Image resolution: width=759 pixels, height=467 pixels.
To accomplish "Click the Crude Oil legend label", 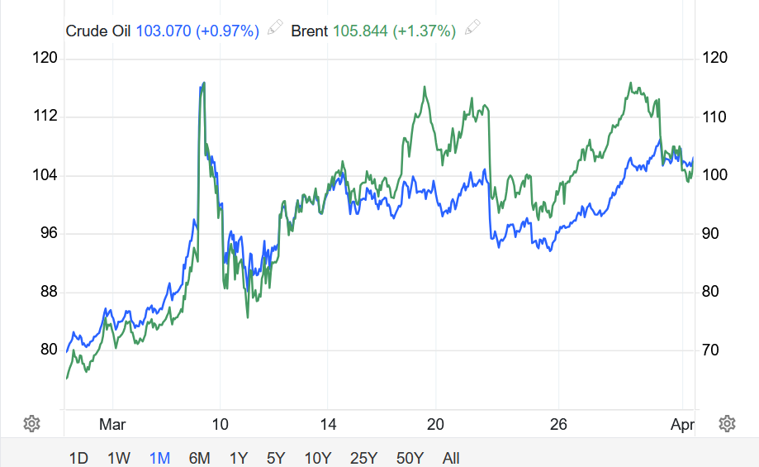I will (x=99, y=31).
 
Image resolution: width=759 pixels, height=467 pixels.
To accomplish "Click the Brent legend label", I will (x=310, y=31).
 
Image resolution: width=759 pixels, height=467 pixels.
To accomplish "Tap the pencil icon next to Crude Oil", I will (x=275, y=30).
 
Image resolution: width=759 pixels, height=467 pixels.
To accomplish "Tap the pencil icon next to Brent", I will (x=472, y=30).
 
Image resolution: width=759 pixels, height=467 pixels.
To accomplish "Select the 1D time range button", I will (x=78, y=458).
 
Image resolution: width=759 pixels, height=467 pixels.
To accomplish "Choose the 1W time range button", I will (x=119, y=458).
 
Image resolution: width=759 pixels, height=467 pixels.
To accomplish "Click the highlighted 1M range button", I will (x=159, y=458).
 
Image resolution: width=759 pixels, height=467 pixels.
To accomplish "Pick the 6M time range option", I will (x=199, y=458).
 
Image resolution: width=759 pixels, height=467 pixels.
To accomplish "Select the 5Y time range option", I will (x=277, y=458).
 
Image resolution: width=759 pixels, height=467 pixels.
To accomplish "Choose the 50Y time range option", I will (x=410, y=458).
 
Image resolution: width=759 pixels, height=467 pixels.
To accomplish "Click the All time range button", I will (x=451, y=458).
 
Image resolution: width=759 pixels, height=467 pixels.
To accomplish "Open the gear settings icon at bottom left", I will (x=32, y=424).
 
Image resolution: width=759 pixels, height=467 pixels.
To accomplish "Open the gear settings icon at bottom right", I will (x=727, y=424).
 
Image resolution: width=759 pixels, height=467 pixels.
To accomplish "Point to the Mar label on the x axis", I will (x=112, y=425).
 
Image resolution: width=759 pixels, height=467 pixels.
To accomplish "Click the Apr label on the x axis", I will (x=682, y=425).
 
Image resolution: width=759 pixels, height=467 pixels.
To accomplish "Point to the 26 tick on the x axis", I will (x=559, y=425).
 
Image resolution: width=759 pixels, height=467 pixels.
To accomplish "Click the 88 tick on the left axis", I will (x=46, y=292).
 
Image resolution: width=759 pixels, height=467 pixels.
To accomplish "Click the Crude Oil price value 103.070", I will (x=164, y=31).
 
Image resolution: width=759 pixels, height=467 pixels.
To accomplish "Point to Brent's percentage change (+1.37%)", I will (x=425, y=31).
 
